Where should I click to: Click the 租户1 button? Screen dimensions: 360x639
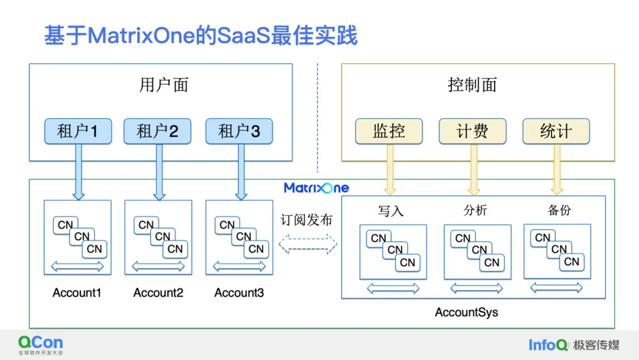tap(78, 131)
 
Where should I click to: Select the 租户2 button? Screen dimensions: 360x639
tap(157, 131)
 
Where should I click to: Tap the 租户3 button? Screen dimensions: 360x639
tap(239, 131)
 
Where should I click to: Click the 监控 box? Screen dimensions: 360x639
tap(389, 131)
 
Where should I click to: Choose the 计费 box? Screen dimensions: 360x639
tap(472, 131)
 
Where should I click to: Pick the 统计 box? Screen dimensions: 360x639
tap(556, 131)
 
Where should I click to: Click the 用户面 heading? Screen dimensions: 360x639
tap(164, 85)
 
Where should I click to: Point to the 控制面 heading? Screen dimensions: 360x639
tap(472, 85)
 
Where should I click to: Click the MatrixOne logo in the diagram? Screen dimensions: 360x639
tap(316, 188)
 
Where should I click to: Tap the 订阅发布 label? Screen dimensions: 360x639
tap(306, 220)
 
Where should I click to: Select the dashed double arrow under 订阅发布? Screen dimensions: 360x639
tap(308, 243)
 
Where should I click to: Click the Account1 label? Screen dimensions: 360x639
tap(77, 292)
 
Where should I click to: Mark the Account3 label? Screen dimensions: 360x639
tap(239, 292)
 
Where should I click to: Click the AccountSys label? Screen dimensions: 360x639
tap(466, 312)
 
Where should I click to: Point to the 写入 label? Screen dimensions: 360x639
tap(390, 210)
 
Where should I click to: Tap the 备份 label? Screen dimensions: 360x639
tap(559, 210)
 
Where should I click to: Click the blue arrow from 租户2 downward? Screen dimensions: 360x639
tap(159, 172)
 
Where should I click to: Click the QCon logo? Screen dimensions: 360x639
tap(40, 345)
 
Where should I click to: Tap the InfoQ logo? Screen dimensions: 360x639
tap(548, 345)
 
